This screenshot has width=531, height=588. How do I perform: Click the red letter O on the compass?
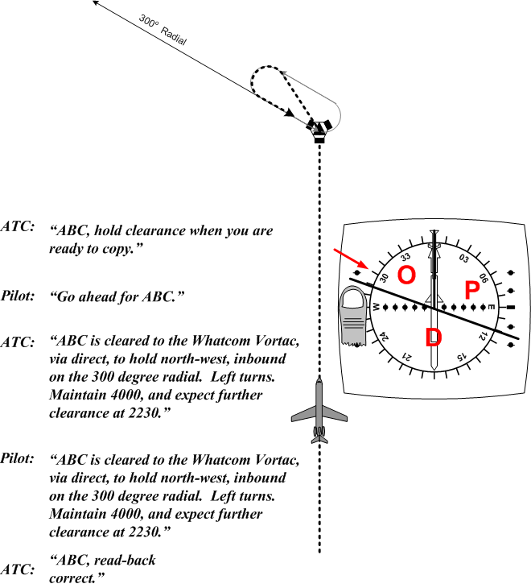[x=406, y=275]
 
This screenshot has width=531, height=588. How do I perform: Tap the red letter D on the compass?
[x=433, y=337]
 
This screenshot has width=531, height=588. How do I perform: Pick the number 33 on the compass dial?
[x=405, y=257]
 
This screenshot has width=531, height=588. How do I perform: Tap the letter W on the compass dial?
[x=375, y=307]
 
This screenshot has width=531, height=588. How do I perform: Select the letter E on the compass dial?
[x=492, y=307]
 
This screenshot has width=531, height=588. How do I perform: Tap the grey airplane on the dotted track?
[x=319, y=411]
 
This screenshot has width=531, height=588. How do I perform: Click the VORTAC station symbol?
[x=319, y=129]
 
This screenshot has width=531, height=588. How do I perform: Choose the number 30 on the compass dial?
[x=384, y=278]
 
